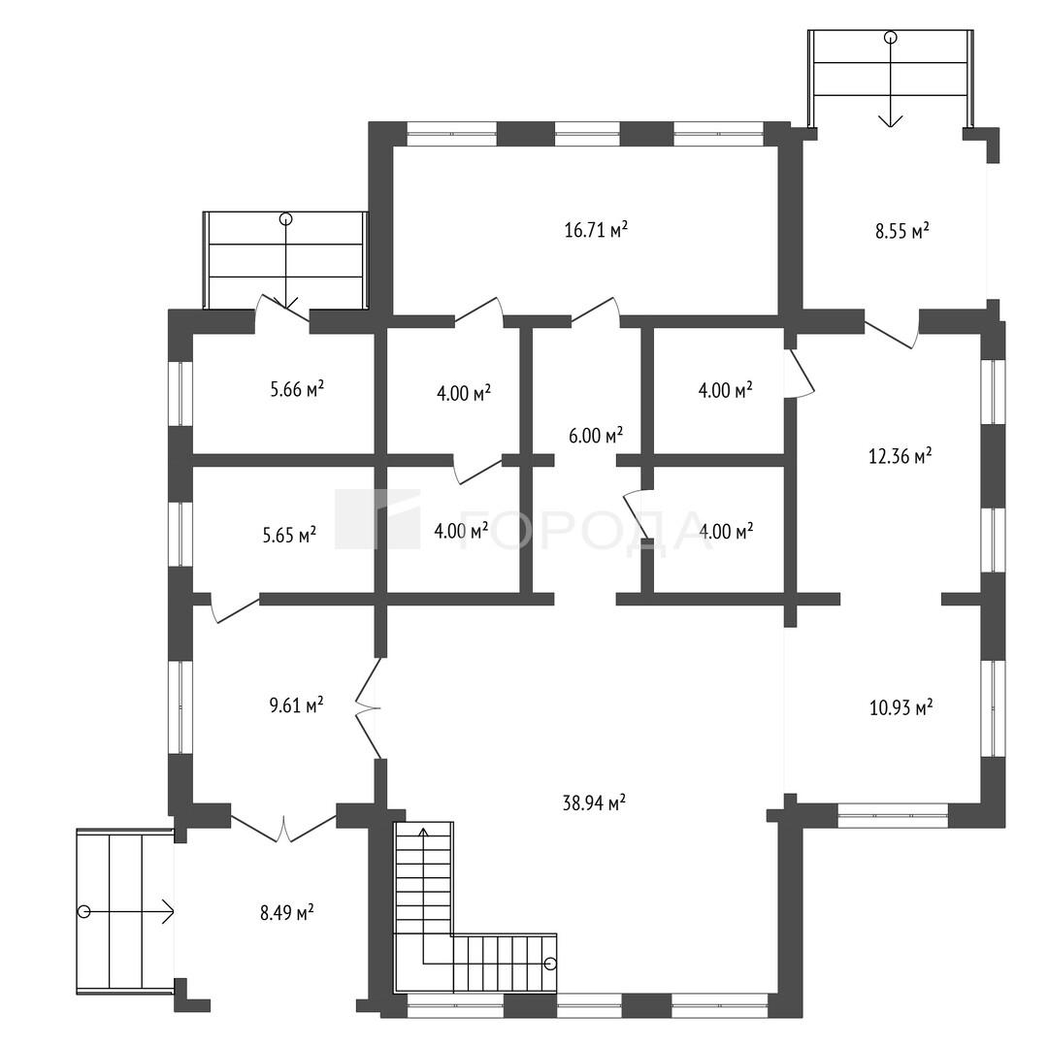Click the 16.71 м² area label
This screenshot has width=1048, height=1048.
(596, 231)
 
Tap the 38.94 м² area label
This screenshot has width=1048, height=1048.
(594, 802)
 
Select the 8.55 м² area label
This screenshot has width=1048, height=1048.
(903, 231)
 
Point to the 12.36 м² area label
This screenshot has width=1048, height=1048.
(901, 456)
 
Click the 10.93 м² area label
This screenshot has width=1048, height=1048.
(901, 707)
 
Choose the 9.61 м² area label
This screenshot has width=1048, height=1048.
(297, 705)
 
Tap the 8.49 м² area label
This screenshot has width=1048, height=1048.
(287, 912)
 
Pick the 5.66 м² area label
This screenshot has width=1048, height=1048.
(298, 389)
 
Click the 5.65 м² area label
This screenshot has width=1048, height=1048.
(289, 535)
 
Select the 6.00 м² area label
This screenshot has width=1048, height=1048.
(596, 436)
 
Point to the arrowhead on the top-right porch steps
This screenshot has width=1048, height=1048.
(890, 120)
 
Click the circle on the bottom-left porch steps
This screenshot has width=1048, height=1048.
(83, 911)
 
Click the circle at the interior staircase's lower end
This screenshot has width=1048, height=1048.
(550, 964)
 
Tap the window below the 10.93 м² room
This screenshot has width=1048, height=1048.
(893, 815)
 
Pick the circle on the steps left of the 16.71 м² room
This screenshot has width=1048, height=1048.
(286, 218)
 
